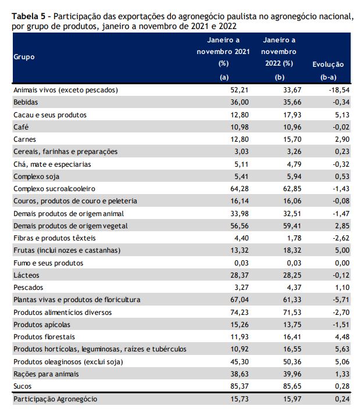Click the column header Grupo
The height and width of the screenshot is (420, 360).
pyautogui.click(x=24, y=57)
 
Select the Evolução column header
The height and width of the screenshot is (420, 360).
pyautogui.click(x=328, y=64)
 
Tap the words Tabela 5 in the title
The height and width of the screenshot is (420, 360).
pyautogui.click(x=28, y=16)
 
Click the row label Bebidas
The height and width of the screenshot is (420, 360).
pyautogui.click(x=26, y=102)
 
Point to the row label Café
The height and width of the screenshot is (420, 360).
pyautogui.click(x=21, y=127)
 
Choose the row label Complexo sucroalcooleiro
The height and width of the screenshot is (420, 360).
pyautogui.click(x=54, y=189)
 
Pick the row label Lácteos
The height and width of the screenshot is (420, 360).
pyautogui.click(x=26, y=275)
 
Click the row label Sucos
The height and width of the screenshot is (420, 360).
pyautogui.click(x=23, y=386)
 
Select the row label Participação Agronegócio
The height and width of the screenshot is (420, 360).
pyautogui.click(x=55, y=399)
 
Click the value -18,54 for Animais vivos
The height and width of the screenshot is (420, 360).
pyautogui.click(x=339, y=90)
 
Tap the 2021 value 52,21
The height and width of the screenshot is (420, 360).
pyautogui.click(x=239, y=90)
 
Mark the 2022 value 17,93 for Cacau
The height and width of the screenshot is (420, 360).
pyautogui.click(x=292, y=115)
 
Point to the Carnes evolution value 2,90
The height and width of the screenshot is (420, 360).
pyautogui.click(x=343, y=139)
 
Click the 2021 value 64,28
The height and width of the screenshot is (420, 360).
pyautogui.click(x=239, y=189)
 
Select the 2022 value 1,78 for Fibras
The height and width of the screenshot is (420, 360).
pyautogui.click(x=294, y=238)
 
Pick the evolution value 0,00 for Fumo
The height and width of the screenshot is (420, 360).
pyautogui.click(x=343, y=263)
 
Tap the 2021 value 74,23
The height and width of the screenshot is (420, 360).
pyautogui.click(x=239, y=313)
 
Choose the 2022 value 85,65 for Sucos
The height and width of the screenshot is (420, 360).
pyautogui.click(x=292, y=386)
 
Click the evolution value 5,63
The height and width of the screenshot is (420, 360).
pyautogui.click(x=343, y=349)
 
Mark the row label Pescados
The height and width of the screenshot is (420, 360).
pyautogui.click(x=28, y=288)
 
